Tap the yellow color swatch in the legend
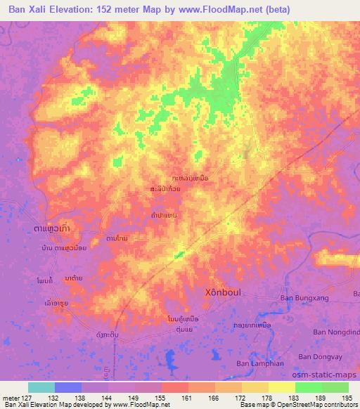pos(282,387)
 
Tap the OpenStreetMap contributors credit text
pos(313,405)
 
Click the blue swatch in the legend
pos(68,387)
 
